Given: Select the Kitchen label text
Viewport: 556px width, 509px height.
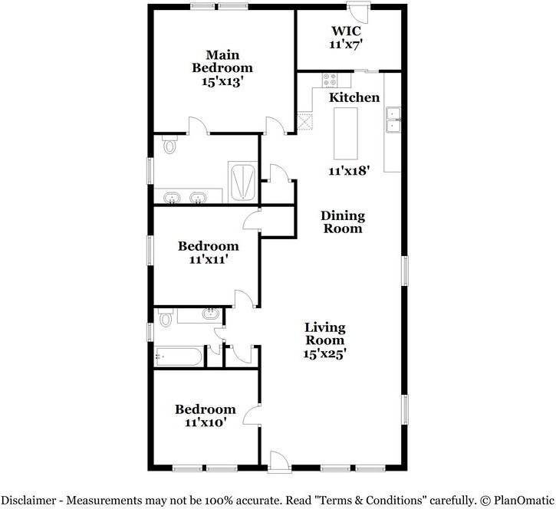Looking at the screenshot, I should point(354,97).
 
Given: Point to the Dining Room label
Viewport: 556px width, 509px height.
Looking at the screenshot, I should point(342,222).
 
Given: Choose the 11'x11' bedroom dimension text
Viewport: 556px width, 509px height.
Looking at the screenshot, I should point(208,260).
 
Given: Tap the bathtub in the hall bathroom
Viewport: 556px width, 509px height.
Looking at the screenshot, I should point(179,356).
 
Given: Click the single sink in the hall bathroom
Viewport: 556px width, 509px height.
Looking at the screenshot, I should point(209,314).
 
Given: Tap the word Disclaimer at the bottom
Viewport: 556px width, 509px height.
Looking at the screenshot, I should point(35,501).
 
